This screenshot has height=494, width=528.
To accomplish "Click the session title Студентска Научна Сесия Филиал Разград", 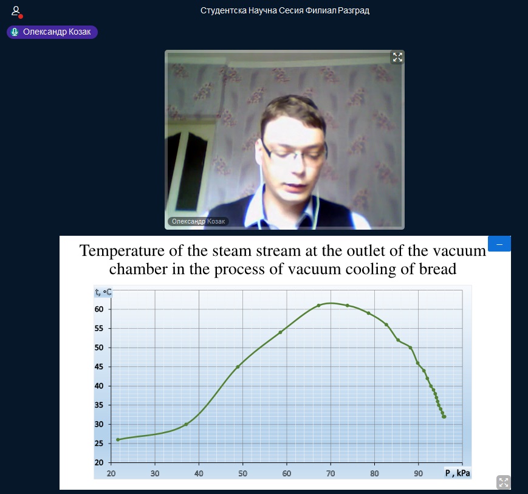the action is pyautogui.click(x=285, y=11).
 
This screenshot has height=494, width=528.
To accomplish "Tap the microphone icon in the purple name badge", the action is pyautogui.click(x=15, y=32).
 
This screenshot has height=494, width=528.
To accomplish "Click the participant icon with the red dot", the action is pyautogui.click(x=16, y=12).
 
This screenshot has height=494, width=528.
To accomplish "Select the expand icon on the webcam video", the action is pyautogui.click(x=397, y=57).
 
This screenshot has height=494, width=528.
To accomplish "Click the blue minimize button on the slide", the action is pyautogui.click(x=499, y=244).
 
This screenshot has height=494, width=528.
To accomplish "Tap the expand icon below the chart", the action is pyautogui.click(x=504, y=482).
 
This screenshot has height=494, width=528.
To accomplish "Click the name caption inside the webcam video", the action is pyautogui.click(x=198, y=221).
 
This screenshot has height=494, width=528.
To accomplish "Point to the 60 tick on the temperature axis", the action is pyautogui.click(x=99, y=309).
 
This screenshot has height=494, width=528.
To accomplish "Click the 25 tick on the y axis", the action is pyautogui.click(x=99, y=444).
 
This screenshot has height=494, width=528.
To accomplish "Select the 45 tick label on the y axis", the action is pyautogui.click(x=99, y=367).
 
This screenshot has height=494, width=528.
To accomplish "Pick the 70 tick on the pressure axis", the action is pyautogui.click(x=331, y=473).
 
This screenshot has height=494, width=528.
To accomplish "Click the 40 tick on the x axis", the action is pyautogui.click(x=199, y=473).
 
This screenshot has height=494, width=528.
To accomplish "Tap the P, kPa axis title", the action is pyautogui.click(x=458, y=473).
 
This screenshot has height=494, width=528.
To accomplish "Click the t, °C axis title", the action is pyautogui.click(x=103, y=292).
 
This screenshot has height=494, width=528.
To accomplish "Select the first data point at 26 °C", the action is pyautogui.click(x=118, y=439).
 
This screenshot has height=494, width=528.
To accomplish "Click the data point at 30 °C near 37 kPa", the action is pyautogui.click(x=186, y=424).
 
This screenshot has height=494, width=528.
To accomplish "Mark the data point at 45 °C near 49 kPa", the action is pyautogui.click(x=238, y=367).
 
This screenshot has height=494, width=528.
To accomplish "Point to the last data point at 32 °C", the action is pyautogui.click(x=444, y=417).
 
